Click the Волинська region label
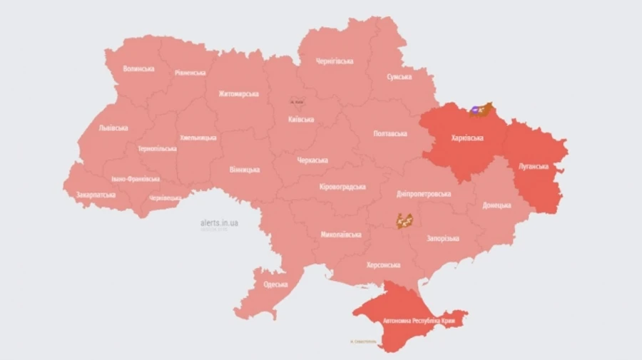138,69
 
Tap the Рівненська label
190,73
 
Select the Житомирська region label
238,93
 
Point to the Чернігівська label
334,61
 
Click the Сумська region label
399,76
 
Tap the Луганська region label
534,166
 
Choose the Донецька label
496,205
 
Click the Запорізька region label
443,238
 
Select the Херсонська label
383,264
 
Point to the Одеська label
275,284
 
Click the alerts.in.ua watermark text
219,223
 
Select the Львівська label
113,128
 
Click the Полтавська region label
390,133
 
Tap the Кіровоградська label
342,187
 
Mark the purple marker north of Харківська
475,110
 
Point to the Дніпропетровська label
424,194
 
